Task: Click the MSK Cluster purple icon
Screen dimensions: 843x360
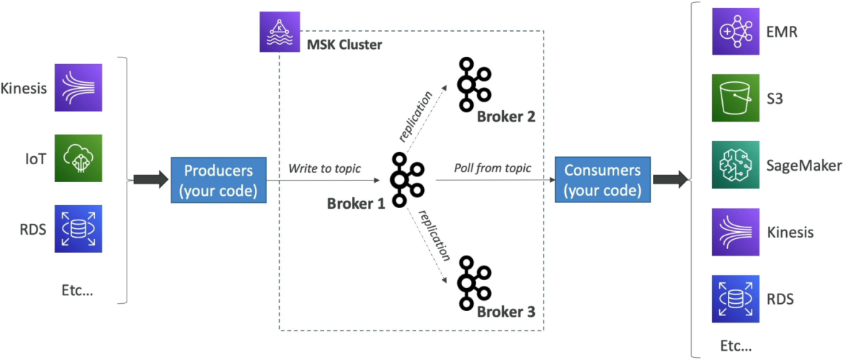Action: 276,34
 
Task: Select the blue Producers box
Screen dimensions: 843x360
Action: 219,181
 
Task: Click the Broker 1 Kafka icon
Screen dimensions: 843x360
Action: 407,179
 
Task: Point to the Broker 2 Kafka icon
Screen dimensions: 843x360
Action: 474,84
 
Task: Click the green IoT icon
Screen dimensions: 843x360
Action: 78,158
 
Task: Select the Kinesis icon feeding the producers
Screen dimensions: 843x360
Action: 78,88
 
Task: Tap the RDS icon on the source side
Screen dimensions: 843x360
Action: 78,229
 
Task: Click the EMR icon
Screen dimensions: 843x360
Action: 736,31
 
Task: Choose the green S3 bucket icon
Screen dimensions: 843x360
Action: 736,99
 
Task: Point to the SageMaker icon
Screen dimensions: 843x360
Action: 736,165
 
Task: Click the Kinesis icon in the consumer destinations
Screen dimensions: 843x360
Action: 736,232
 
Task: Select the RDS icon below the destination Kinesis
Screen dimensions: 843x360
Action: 736,299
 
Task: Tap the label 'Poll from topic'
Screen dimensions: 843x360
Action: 493,168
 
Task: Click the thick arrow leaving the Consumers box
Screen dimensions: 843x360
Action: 670,181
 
